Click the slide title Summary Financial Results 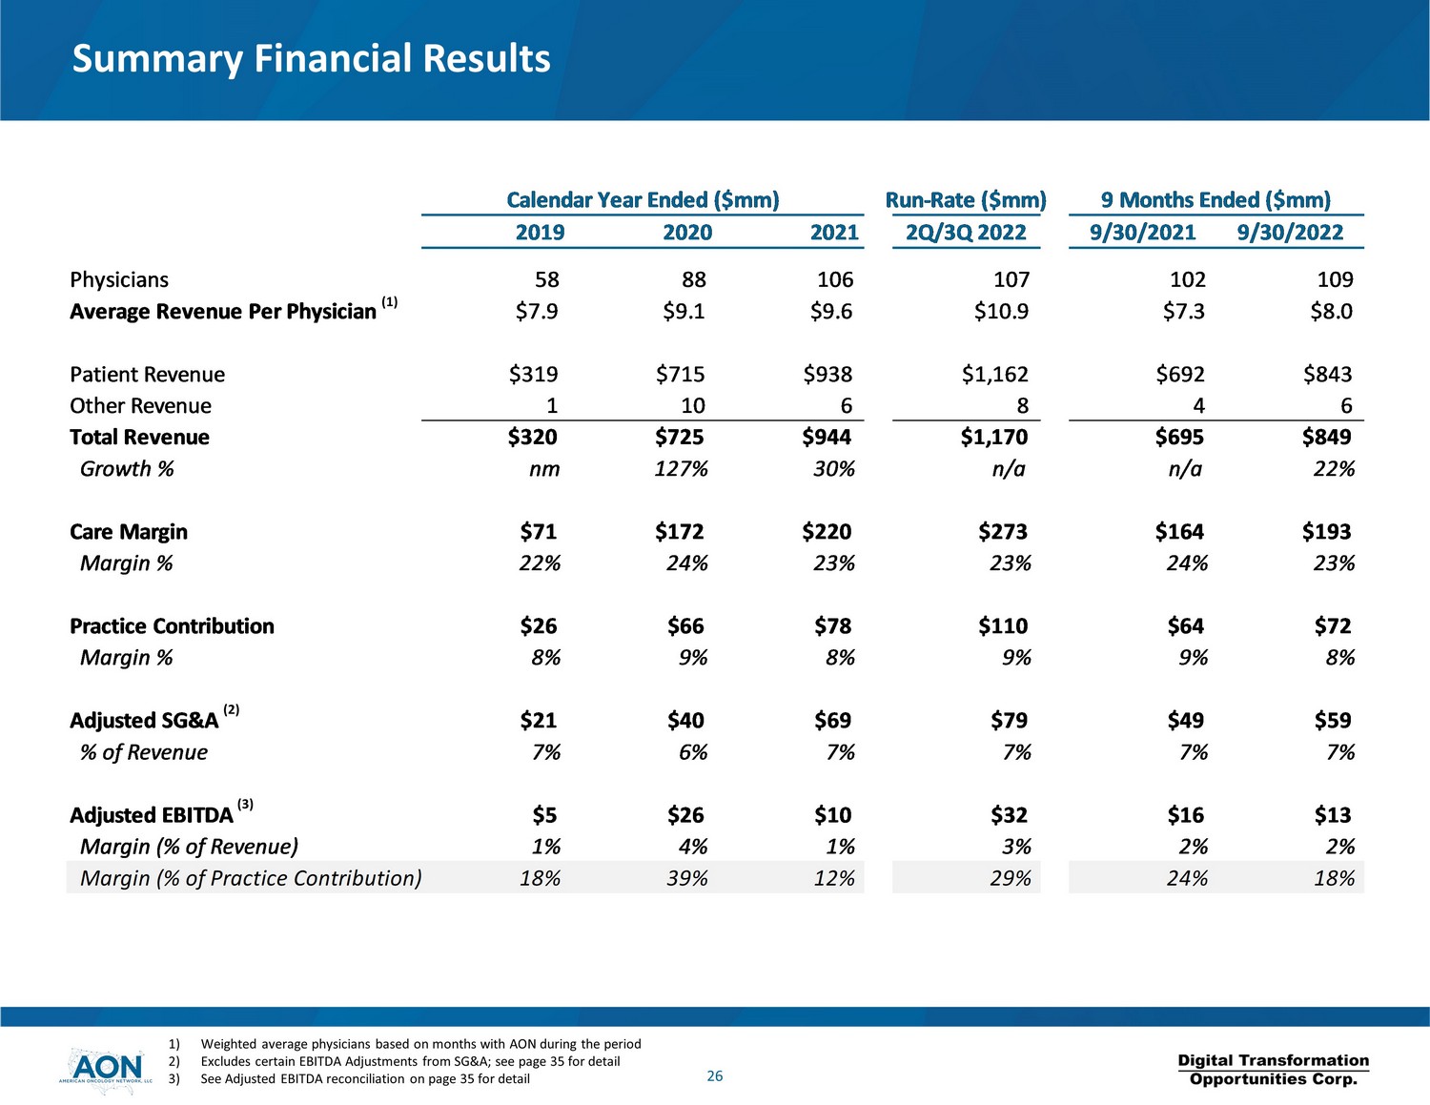311,59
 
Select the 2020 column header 687,233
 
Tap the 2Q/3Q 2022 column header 966,233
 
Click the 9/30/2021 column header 1142,233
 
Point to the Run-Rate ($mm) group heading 966,200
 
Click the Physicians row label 119,280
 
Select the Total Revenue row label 139,438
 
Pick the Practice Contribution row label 172,626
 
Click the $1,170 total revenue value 994,438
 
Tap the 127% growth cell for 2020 681,469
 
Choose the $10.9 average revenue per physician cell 1001,312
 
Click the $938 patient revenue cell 827,375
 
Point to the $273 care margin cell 1003,532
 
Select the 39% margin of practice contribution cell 686,878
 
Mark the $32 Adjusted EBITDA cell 1009,815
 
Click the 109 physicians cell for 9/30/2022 1335,280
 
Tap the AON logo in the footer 106,1069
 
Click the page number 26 715,1076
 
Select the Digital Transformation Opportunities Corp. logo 1273,1070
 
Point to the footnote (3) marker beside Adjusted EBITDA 245,804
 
